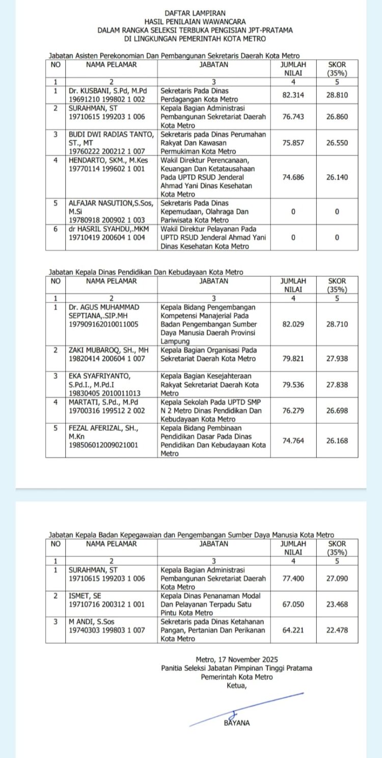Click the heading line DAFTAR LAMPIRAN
pyautogui.click(x=195, y=13)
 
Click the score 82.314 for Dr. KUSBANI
pyautogui.click(x=293, y=95)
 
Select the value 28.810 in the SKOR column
pyautogui.click(x=337, y=95)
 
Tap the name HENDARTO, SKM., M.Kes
pyautogui.click(x=108, y=160)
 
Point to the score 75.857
pyautogui.click(x=293, y=143)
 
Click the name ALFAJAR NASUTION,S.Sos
pyautogui.click(x=111, y=203)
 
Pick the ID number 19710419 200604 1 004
pyautogui.click(x=107, y=238)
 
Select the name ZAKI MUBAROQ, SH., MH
pyautogui.click(x=108, y=350)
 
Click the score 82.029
pyautogui.click(x=293, y=324)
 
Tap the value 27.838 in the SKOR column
pyautogui.click(x=337, y=384)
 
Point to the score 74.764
pyautogui.click(x=293, y=440)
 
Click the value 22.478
pyautogui.click(x=337, y=630)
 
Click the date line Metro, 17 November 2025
pyautogui.click(x=237, y=660)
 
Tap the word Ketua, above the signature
pyautogui.click(x=237, y=686)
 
